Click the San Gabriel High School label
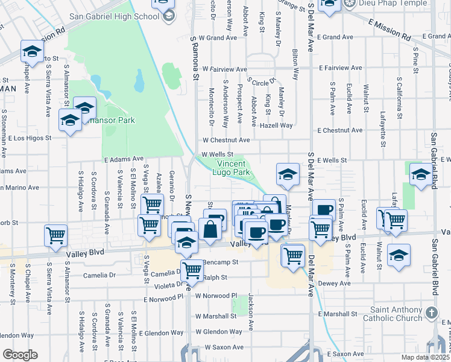click(114, 16)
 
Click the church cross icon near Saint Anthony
click(430, 313)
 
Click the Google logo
click(20, 354)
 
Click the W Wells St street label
click(218, 154)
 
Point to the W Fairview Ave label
click(225, 69)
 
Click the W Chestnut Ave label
click(225, 140)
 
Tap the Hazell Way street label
click(277, 125)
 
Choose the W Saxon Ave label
click(224, 348)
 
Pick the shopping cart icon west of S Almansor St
click(56, 235)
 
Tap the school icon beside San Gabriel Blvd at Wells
click(420, 175)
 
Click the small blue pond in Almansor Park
click(140, 81)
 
